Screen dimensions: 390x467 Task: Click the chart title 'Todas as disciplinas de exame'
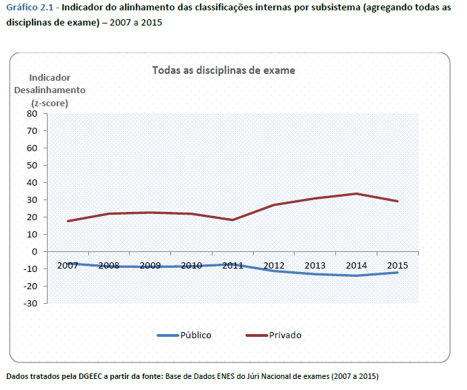pyautogui.click(x=223, y=70)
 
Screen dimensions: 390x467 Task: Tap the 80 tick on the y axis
pyautogui.click(x=31, y=113)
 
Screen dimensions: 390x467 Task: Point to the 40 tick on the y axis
pyautogui.click(x=31, y=182)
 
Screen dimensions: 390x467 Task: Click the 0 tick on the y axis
pyautogui.click(x=34, y=251)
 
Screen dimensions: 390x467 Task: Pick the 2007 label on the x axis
pyautogui.click(x=68, y=265)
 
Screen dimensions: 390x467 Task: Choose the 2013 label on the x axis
pyautogui.click(x=315, y=265)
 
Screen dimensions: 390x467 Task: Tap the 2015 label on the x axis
pyautogui.click(x=397, y=265)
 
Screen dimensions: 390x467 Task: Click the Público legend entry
pyautogui.click(x=195, y=335)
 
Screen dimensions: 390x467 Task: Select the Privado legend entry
pyautogui.click(x=285, y=335)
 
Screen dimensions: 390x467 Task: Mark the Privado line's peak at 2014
pyautogui.click(x=356, y=193)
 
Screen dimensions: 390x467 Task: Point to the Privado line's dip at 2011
pyautogui.click(x=232, y=220)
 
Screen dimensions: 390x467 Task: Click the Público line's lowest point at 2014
pyautogui.click(x=356, y=275)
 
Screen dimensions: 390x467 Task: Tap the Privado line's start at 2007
pyautogui.click(x=68, y=221)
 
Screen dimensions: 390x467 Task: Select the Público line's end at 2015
pyautogui.click(x=397, y=272)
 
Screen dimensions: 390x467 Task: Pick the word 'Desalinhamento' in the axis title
pyautogui.click(x=50, y=90)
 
